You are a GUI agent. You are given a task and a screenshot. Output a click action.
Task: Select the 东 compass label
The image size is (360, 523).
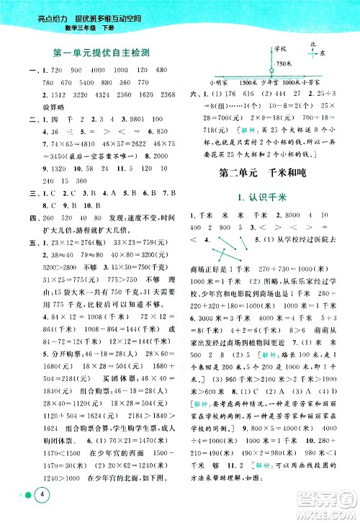click(x=323, y=53)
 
